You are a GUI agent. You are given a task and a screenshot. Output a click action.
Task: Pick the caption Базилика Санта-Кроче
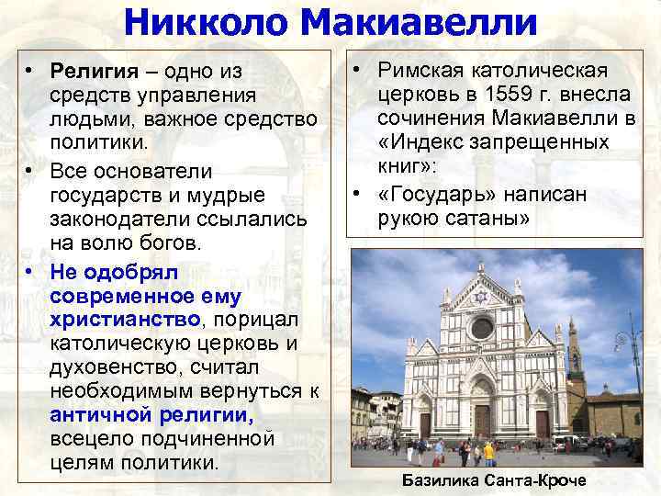click(x=495, y=481)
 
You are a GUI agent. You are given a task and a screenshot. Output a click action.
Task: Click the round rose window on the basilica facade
click(x=482, y=327)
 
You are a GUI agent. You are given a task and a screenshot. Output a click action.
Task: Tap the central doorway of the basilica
click(x=482, y=418)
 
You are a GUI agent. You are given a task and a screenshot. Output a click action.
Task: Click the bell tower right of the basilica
click(x=576, y=354)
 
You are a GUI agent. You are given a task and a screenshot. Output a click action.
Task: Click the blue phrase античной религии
click(x=152, y=414)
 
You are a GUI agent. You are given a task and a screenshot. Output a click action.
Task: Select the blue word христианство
click(x=126, y=319)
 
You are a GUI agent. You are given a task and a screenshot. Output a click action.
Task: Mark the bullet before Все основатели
click(x=30, y=172)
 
